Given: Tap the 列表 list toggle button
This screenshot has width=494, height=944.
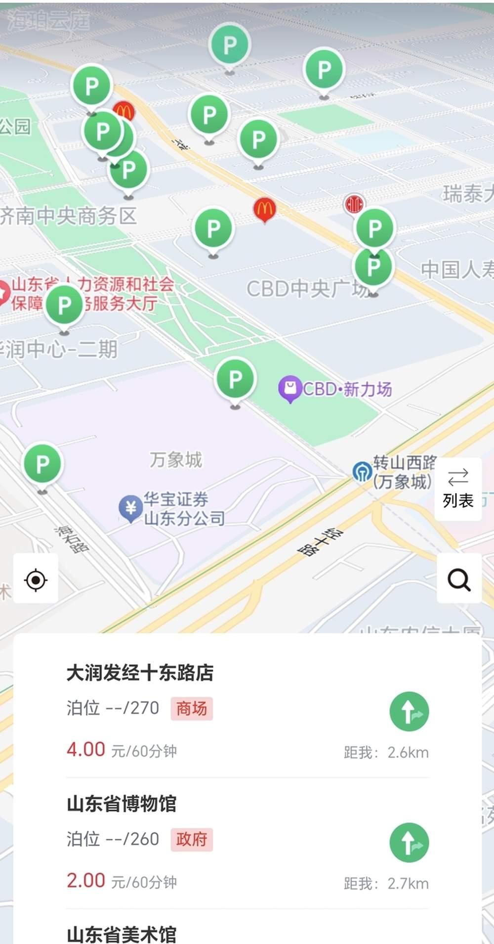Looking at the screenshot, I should click(x=458, y=489).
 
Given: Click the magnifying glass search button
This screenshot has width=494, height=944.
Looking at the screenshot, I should click(x=459, y=579).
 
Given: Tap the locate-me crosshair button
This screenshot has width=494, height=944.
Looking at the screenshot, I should click(x=36, y=579).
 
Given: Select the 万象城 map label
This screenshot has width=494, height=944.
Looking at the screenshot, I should click(x=176, y=459).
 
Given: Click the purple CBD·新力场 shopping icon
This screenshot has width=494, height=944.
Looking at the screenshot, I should click(x=290, y=389).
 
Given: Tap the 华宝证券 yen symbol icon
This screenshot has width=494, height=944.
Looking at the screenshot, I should click(x=131, y=507).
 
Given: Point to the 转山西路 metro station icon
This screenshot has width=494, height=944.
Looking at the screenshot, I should click(x=362, y=471).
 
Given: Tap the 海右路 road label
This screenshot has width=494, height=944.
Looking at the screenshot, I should click(x=72, y=539).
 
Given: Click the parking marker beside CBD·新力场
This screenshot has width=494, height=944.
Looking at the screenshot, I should click(x=236, y=379).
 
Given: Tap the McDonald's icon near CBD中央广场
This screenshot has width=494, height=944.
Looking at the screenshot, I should click(x=264, y=209).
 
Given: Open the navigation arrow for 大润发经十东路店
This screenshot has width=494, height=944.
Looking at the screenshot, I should click(x=409, y=711).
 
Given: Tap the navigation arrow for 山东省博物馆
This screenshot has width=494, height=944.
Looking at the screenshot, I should click(x=409, y=842).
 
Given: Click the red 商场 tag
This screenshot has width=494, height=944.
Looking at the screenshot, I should click(x=192, y=708).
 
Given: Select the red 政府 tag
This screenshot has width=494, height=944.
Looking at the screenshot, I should click(x=192, y=839).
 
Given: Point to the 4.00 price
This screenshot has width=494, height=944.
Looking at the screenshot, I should click(x=86, y=749).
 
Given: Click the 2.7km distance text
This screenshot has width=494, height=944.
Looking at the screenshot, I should click(x=408, y=883).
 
